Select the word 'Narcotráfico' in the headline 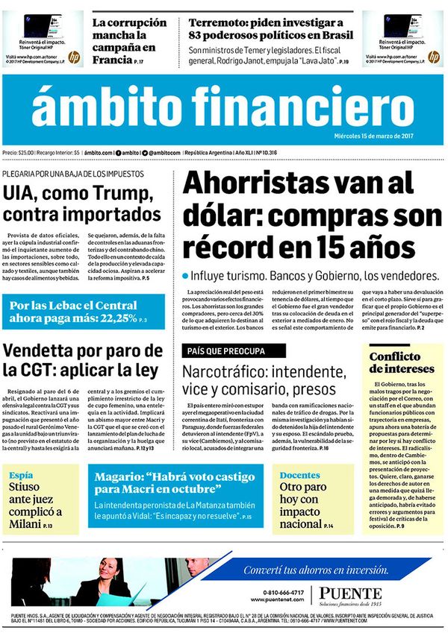point(232,371)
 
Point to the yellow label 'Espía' point(22,474)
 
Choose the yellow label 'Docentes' point(299,474)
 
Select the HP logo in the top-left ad point(73,57)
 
